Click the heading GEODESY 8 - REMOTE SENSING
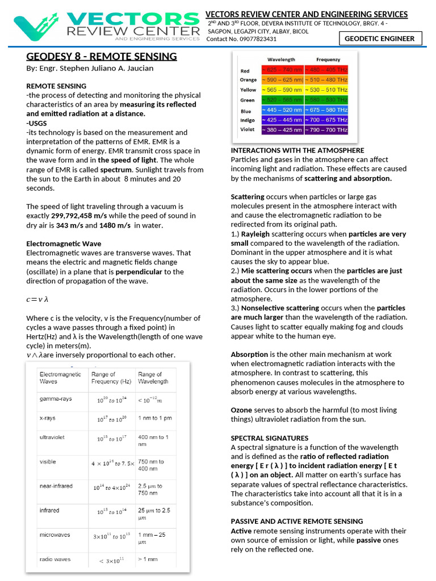click(x=102, y=56)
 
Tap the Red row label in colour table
click(x=245, y=71)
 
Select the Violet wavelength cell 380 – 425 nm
click(x=282, y=129)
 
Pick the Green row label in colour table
click(x=247, y=100)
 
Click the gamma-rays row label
click(x=56, y=399)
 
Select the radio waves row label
click(x=55, y=559)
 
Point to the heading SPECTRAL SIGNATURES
click(x=270, y=438)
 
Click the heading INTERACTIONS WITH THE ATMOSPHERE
click(x=297, y=150)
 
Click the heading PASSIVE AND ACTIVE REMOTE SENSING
click(x=297, y=521)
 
